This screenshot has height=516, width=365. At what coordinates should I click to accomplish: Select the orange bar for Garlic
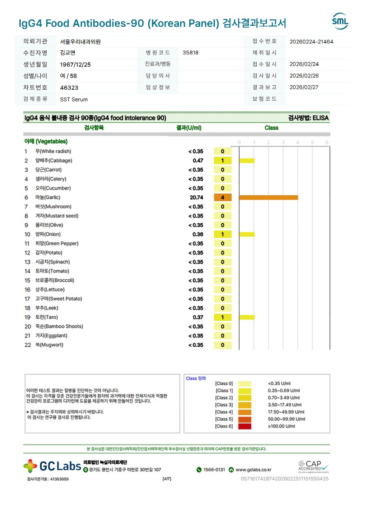(x=268, y=197)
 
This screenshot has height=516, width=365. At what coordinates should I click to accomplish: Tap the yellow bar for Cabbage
(x=247, y=161)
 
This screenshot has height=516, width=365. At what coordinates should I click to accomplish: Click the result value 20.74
(x=197, y=197)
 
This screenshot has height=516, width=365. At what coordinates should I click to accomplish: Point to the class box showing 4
(x=223, y=197)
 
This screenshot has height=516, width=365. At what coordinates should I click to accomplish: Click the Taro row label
(x=46, y=317)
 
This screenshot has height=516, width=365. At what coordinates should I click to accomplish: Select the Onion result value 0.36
(x=198, y=234)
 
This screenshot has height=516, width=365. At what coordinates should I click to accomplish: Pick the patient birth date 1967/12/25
(x=75, y=65)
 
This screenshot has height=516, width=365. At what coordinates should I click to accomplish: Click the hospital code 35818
(x=191, y=53)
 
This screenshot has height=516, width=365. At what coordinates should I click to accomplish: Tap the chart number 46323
(x=69, y=88)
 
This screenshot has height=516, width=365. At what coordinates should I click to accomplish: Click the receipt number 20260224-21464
(x=311, y=41)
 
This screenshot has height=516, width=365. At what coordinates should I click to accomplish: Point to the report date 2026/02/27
(x=304, y=87)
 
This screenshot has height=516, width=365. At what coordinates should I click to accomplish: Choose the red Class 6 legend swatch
(x=245, y=426)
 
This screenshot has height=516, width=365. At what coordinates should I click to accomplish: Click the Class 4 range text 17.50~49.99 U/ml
(x=285, y=412)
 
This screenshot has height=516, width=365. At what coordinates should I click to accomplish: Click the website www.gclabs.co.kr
(x=253, y=470)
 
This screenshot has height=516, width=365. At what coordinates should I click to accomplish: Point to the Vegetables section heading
(x=46, y=141)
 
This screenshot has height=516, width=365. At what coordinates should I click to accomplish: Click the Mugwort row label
(x=49, y=345)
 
